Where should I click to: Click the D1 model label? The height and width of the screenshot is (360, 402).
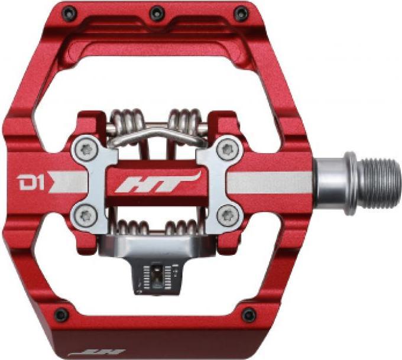click(30, 182)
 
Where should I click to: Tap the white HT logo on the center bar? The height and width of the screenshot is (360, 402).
click(157, 182)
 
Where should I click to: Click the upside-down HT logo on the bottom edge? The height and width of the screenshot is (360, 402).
click(96, 352)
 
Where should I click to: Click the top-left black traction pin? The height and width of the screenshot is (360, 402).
click(70, 12)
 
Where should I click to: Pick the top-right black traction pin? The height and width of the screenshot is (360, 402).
click(241, 13)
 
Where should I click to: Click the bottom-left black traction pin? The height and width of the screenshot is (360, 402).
click(62, 314)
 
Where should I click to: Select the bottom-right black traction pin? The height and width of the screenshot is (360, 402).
click(249, 315)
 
